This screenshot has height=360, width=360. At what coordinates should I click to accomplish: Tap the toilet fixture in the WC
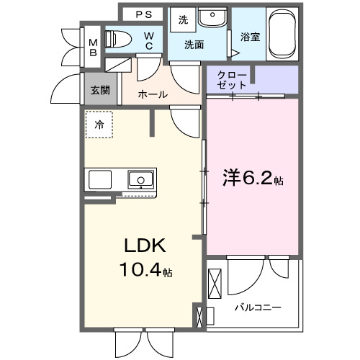coord(117,38)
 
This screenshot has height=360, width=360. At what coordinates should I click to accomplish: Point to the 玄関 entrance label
coord(100,90)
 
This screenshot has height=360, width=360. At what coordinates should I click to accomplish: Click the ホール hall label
coord(152,94)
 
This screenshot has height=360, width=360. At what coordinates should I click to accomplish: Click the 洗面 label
coord(194,45)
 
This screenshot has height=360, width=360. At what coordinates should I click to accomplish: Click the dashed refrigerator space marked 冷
coord(99,124)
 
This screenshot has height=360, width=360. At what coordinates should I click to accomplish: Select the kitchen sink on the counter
coord(140,178)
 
